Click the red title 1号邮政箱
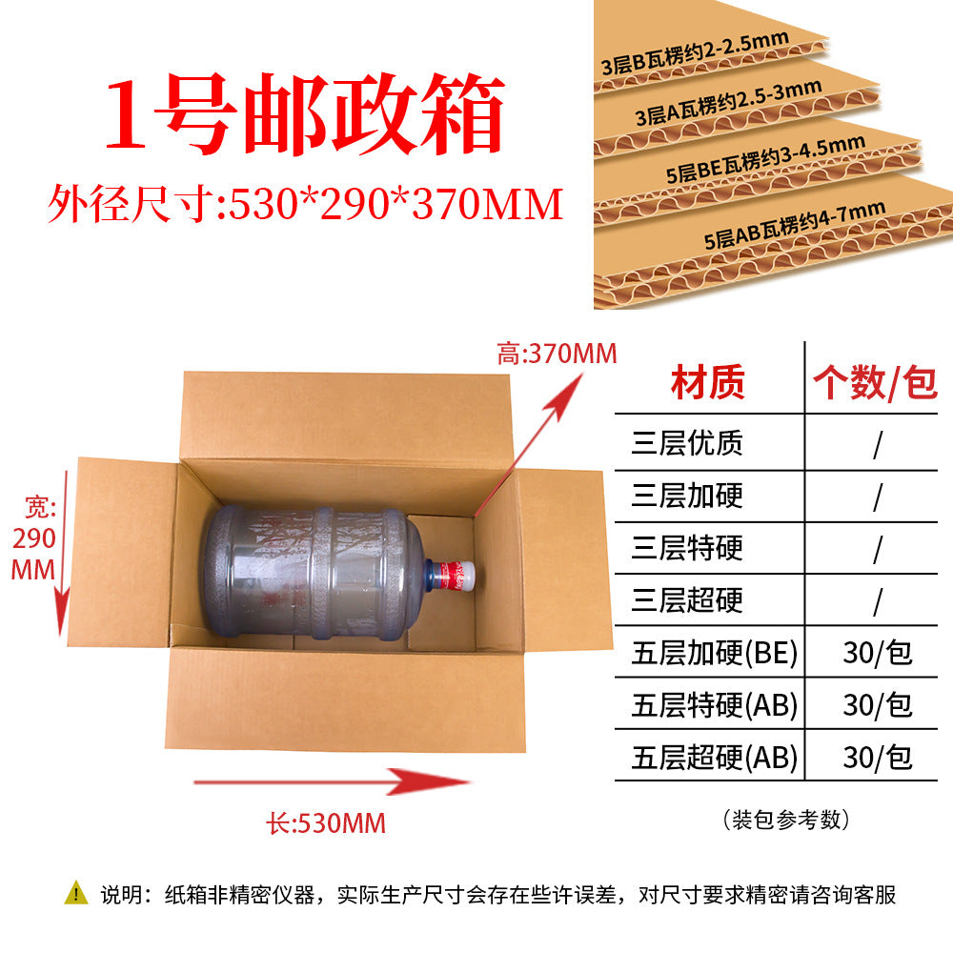(305, 113)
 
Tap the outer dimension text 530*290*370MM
(396, 204)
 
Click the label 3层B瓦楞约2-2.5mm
(695, 53)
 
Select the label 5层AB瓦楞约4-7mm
(795, 225)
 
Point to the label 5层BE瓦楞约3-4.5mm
(765, 159)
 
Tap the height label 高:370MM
(557, 354)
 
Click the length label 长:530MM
(326, 824)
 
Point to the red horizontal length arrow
(332, 781)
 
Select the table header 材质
(708, 382)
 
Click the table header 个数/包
(875, 383)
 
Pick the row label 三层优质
(687, 443)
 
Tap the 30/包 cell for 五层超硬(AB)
(878, 758)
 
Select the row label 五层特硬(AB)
(714, 705)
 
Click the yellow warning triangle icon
(76, 893)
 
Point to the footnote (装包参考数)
(786, 820)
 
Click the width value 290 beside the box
(34, 538)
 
